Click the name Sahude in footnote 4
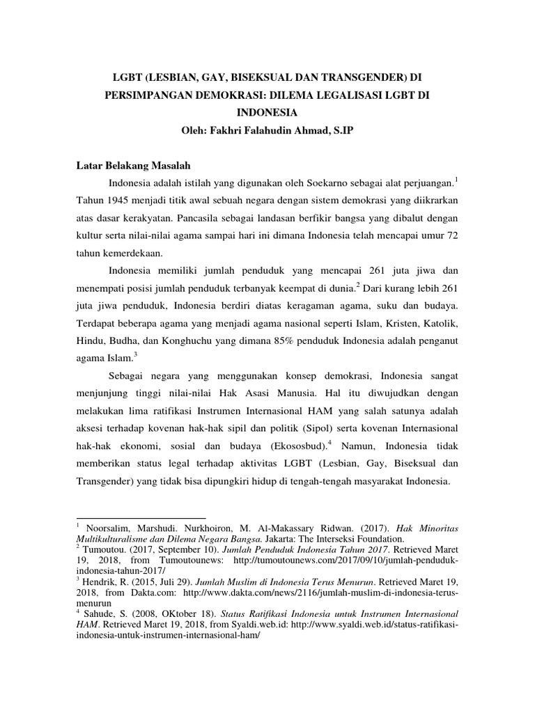(100, 615)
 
